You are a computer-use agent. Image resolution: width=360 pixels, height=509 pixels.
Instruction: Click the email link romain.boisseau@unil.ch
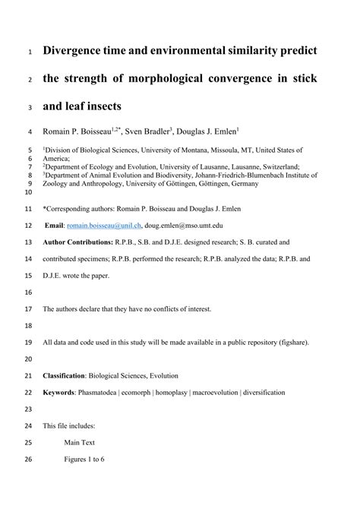point(103,225)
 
